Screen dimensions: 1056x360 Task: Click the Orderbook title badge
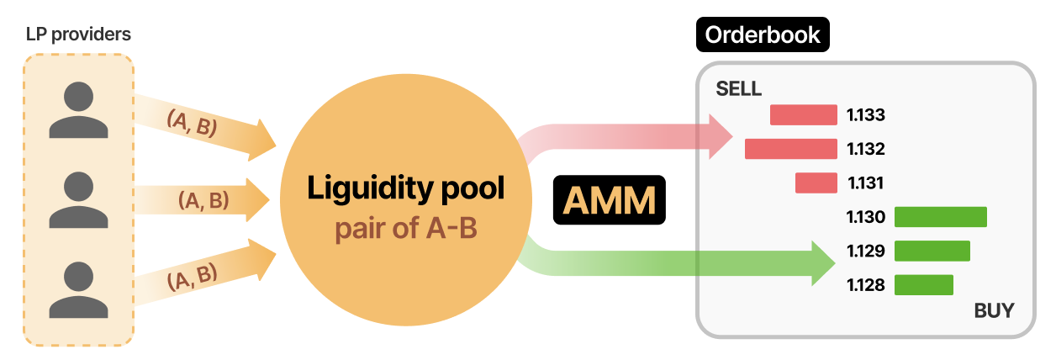(x=763, y=34)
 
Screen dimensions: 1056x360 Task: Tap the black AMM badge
(x=609, y=200)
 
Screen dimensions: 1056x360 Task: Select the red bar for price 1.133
(x=803, y=114)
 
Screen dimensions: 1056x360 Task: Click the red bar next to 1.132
(x=790, y=149)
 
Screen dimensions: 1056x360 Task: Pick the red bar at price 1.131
(x=816, y=183)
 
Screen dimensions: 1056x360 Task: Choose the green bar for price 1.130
(x=941, y=216)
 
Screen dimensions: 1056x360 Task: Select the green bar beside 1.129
(x=932, y=251)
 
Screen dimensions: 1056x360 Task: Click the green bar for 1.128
(x=923, y=285)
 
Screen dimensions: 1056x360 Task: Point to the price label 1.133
(x=865, y=115)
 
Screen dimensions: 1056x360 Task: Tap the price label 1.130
(x=865, y=217)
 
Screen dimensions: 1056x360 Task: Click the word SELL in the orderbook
(x=738, y=88)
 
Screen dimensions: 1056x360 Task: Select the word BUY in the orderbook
(x=994, y=310)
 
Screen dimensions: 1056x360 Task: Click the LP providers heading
(x=78, y=34)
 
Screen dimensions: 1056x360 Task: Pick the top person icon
(x=78, y=110)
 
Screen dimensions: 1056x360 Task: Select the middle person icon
(x=78, y=200)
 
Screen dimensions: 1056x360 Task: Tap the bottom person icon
(x=78, y=289)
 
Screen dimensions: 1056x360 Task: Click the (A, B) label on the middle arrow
(x=203, y=200)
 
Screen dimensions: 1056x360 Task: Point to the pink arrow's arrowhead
(x=721, y=137)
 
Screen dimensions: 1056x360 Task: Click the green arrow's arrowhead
(x=823, y=262)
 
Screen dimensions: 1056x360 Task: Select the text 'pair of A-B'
(x=406, y=228)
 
